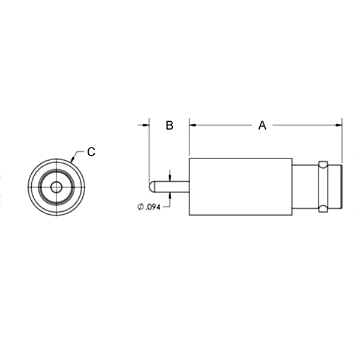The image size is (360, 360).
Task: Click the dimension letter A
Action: coord(262,125)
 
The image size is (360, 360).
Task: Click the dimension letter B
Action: coord(169,125)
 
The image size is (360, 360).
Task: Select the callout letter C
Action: coord(91,152)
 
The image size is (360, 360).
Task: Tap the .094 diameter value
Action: coord(152,207)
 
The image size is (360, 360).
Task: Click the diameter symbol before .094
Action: coord(140,207)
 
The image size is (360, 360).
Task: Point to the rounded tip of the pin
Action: coord(152,187)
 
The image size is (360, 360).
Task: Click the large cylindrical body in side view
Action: coord(241,187)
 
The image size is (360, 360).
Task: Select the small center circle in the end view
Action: coord(56,187)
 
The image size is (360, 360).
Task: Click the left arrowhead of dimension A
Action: coord(193,125)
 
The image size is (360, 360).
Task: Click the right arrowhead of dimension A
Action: coord(338,125)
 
